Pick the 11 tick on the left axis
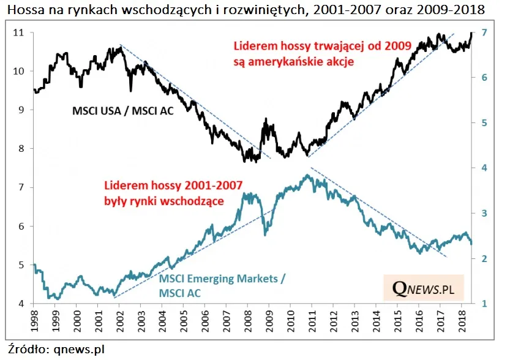click(x=18, y=32)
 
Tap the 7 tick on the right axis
click(x=484, y=32)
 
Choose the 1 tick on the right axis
click(x=484, y=304)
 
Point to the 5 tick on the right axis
click(x=484, y=122)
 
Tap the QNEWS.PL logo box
click(x=424, y=287)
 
